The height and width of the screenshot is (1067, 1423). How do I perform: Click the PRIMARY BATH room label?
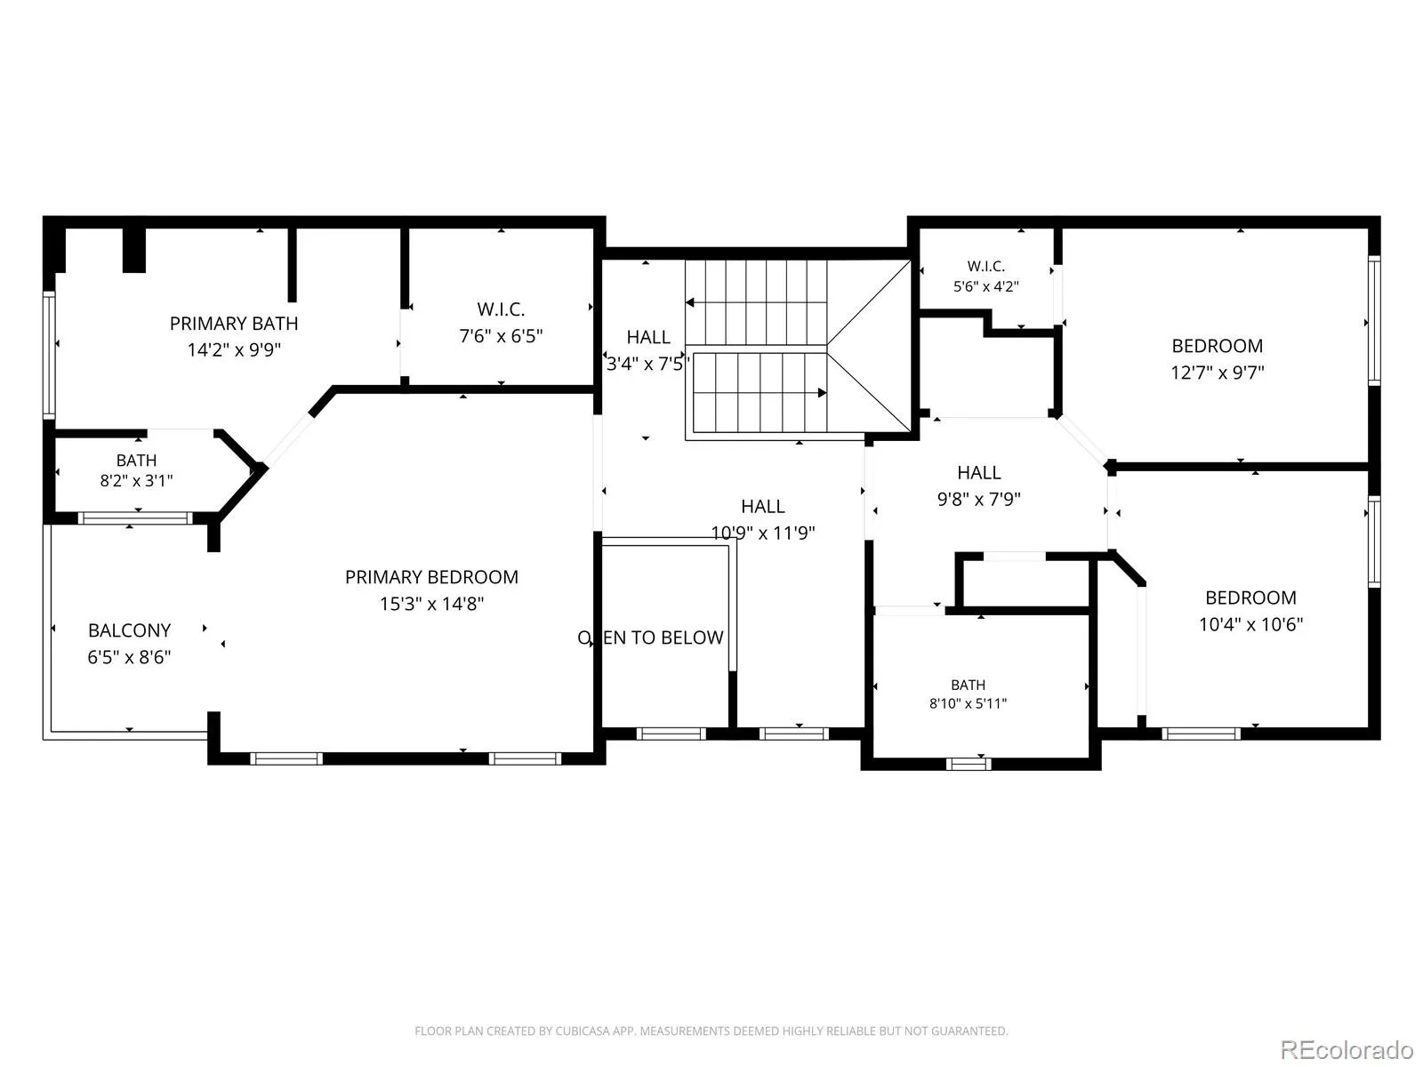click(234, 324)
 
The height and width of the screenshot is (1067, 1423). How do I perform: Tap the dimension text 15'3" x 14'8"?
click(431, 604)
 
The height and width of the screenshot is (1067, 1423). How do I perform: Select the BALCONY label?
click(130, 630)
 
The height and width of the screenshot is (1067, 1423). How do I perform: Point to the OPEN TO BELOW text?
click(650, 638)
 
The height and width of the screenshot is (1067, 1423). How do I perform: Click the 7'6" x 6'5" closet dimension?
click(501, 336)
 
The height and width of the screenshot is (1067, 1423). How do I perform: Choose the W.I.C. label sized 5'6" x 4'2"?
click(986, 266)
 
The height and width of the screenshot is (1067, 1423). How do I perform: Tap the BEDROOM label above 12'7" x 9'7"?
click(1218, 346)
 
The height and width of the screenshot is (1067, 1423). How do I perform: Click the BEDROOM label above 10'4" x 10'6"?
click(1251, 598)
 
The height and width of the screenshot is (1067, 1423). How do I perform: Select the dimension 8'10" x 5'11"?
click(968, 703)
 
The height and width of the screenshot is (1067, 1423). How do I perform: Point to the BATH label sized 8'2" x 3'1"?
click(136, 461)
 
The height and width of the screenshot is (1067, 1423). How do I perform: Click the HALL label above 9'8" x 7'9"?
click(979, 473)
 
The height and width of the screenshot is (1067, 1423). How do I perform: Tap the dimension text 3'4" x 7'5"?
click(646, 364)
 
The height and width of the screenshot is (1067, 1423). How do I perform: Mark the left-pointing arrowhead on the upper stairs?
click(690, 302)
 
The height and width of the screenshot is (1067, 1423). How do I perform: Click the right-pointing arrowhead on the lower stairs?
click(822, 393)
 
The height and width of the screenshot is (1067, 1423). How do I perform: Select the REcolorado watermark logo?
click(1347, 1049)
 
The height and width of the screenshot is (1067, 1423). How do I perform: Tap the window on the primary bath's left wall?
click(49, 355)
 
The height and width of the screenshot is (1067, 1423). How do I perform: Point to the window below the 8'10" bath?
click(968, 765)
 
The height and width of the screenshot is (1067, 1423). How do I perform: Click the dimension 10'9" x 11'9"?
click(763, 533)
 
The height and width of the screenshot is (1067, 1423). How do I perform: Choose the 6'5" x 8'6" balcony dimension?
click(130, 658)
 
